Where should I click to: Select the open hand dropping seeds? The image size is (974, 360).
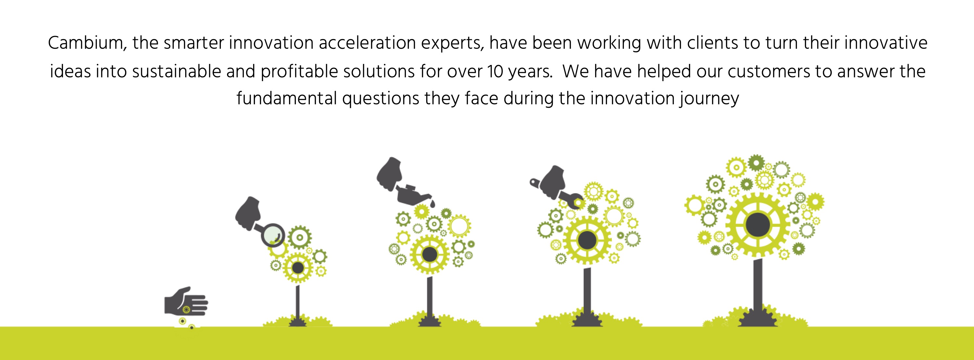point(185,302)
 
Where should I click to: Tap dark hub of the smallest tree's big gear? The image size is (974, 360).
point(298,268)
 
